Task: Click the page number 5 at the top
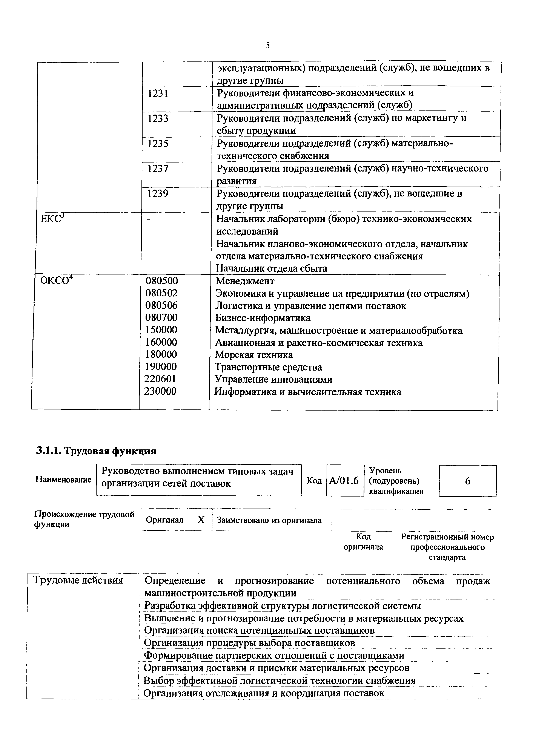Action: pyautogui.click(x=268, y=46)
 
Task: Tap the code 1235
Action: pyautogui.click(x=158, y=144)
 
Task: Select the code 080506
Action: pyautogui.click(x=161, y=305)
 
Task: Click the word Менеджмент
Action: pyautogui.click(x=245, y=281)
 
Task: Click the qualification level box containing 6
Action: pyautogui.click(x=467, y=481)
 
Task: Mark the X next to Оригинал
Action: pyautogui.click(x=201, y=520)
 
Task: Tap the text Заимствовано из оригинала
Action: pyautogui.click(x=269, y=520)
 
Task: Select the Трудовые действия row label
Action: pyautogui.click(x=78, y=580)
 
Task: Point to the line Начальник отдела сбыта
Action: pyautogui.click(x=271, y=269)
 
